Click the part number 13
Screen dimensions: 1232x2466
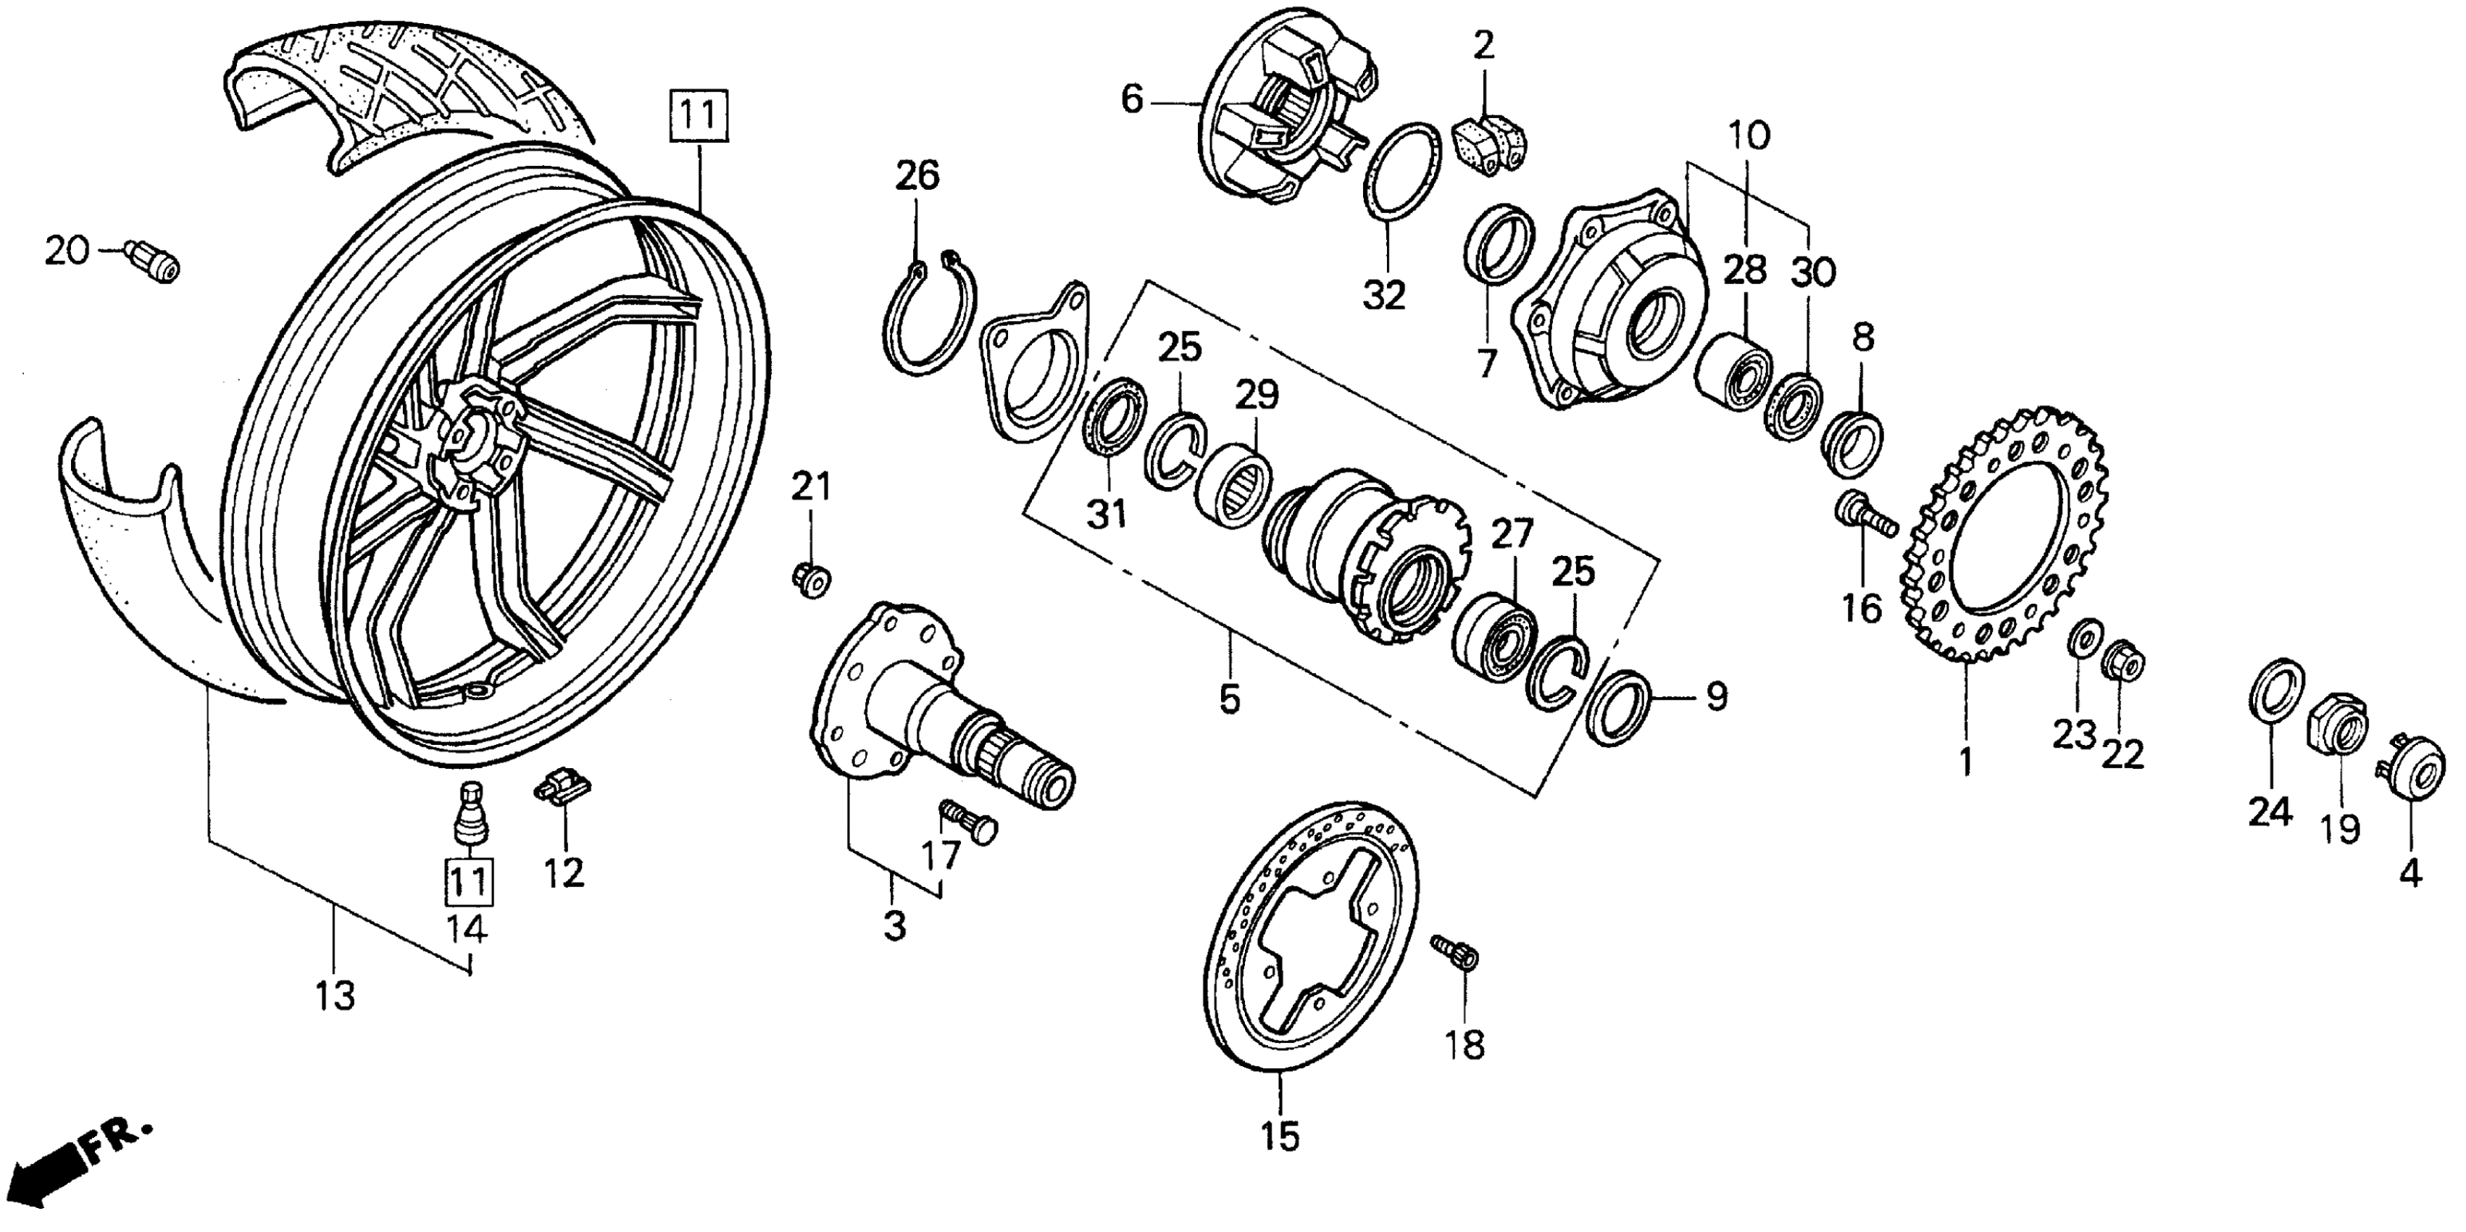[334, 996]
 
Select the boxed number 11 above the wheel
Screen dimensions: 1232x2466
[699, 117]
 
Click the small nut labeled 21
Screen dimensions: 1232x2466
[811, 578]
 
